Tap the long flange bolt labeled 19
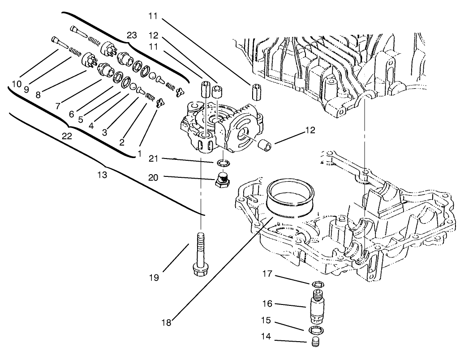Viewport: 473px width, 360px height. (199, 256)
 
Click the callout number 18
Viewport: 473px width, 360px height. (167, 321)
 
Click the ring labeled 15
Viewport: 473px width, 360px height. (317, 330)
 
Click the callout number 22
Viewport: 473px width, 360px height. (67, 136)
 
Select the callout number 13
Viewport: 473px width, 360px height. (102, 175)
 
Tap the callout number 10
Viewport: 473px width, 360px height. (17, 84)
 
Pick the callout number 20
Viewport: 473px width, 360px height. (154, 178)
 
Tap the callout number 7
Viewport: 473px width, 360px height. (58, 106)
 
